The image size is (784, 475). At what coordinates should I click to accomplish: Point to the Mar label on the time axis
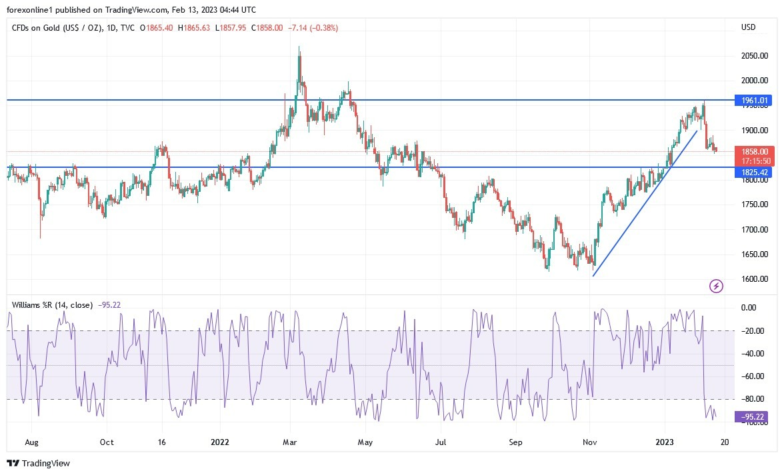[x=289, y=442]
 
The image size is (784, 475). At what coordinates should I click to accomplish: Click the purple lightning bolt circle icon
[x=716, y=286]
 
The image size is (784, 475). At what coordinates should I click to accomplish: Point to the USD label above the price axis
[x=748, y=27]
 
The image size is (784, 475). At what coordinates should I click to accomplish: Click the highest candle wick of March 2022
[x=299, y=48]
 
